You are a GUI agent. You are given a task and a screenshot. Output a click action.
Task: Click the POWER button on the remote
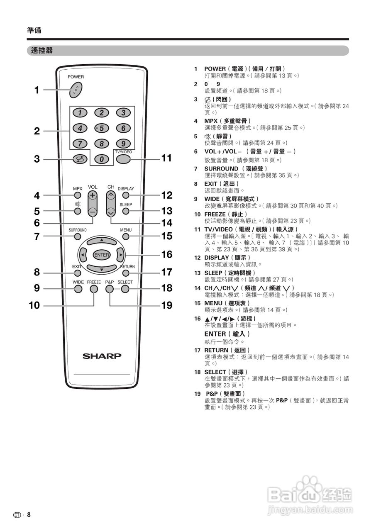(x=76, y=89)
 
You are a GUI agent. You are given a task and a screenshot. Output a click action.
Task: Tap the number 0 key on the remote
(x=101, y=158)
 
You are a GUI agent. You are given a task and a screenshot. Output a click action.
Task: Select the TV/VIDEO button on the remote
(x=123, y=158)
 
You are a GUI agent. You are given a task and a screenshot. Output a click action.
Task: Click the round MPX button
(x=78, y=195)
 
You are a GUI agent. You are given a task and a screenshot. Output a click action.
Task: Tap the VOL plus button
(x=93, y=195)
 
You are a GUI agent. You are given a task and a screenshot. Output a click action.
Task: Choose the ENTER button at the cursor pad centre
(x=101, y=255)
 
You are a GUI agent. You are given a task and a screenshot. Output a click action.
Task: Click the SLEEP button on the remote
(x=126, y=211)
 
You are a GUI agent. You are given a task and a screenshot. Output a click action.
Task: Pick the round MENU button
(x=126, y=236)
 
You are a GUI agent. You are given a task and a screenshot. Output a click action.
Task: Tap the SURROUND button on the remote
(x=78, y=236)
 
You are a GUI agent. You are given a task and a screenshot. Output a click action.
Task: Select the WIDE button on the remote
(x=78, y=289)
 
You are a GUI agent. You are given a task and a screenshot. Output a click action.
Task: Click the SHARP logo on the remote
(x=102, y=356)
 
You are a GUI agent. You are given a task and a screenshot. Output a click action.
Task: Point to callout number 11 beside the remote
(x=166, y=158)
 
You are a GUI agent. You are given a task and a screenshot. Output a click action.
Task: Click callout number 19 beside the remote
(x=166, y=306)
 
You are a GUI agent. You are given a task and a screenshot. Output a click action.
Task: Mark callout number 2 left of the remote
(x=37, y=132)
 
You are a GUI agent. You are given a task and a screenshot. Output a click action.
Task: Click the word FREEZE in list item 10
(x=215, y=214)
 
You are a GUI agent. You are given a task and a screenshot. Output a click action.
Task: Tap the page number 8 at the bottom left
(x=29, y=515)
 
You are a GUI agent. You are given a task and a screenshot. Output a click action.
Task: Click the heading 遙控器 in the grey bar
(x=42, y=51)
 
